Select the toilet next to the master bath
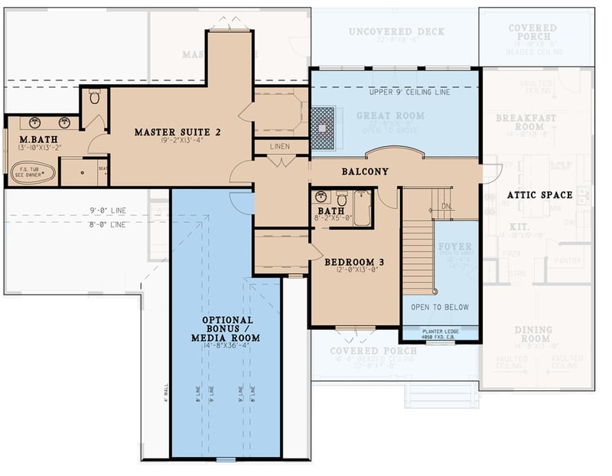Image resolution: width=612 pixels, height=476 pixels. pyautogui.click(x=95, y=97)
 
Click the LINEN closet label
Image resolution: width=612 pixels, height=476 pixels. pyautogui.click(x=281, y=145)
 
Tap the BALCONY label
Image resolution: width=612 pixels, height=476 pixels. pyautogui.click(x=365, y=172)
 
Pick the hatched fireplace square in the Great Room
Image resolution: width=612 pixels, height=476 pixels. pyautogui.click(x=326, y=120)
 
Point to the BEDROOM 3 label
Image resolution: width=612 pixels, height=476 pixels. pyautogui.click(x=353, y=262)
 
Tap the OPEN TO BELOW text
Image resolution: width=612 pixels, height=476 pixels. pyautogui.click(x=439, y=307)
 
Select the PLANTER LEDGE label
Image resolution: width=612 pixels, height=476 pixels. pyautogui.click(x=439, y=331)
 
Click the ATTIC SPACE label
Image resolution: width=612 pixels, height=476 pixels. pyautogui.click(x=539, y=195)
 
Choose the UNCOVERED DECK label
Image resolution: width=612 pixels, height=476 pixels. pyautogui.click(x=396, y=32)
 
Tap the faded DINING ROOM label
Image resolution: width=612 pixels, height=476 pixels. pyautogui.click(x=532, y=334)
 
